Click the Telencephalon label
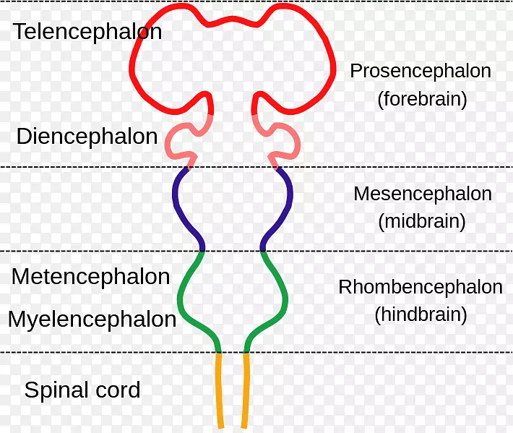87,32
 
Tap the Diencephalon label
87,137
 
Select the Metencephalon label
90,276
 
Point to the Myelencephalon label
92,319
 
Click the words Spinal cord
82,391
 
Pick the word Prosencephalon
420,71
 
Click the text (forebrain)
422,99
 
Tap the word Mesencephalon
422,194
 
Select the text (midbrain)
422,221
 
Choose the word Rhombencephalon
420,287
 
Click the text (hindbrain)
421,314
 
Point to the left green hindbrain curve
181,296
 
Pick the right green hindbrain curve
285,296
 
